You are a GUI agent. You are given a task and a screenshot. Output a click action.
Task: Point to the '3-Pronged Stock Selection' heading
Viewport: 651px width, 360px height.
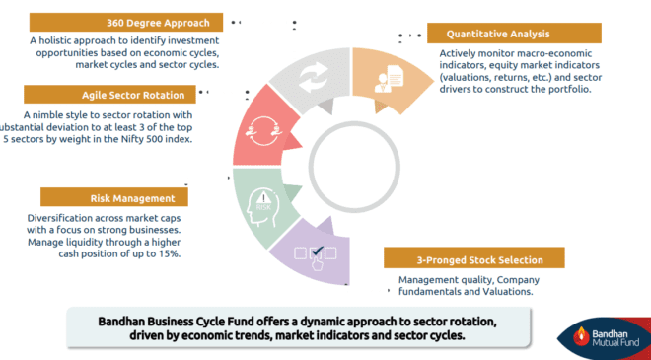click(x=478, y=260)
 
